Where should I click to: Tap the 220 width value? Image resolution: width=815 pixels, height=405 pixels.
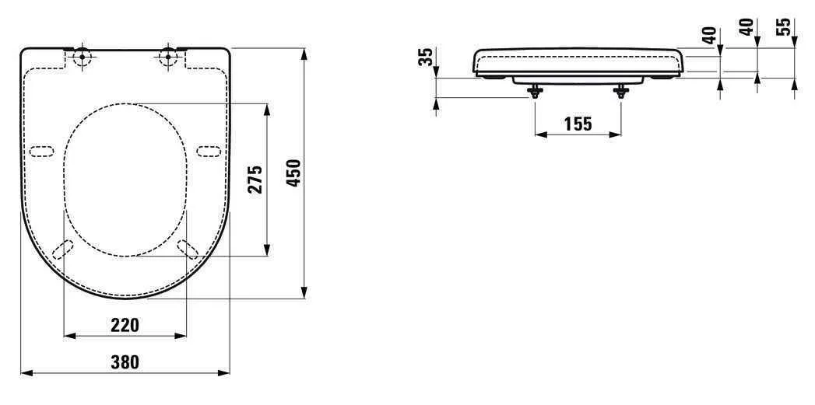tap(125, 325)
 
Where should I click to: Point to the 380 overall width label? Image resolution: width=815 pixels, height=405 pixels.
tap(125, 361)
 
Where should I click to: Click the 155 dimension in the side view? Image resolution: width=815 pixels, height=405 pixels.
tap(578, 123)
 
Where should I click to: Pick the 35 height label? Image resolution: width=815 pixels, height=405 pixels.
tap(424, 58)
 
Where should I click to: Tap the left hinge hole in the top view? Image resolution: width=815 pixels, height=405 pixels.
tap(83, 57)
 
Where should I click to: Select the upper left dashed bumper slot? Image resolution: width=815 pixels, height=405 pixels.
tap(42, 150)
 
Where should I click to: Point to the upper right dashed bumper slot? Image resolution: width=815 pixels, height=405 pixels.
tap(209, 150)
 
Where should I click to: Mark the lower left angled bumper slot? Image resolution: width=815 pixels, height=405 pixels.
tap(62, 248)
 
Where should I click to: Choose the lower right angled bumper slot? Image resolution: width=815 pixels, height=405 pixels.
tap(188, 248)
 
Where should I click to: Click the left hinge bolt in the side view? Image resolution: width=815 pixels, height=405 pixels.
tap(534, 91)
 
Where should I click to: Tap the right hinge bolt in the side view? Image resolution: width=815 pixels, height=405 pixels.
tap(620, 91)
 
